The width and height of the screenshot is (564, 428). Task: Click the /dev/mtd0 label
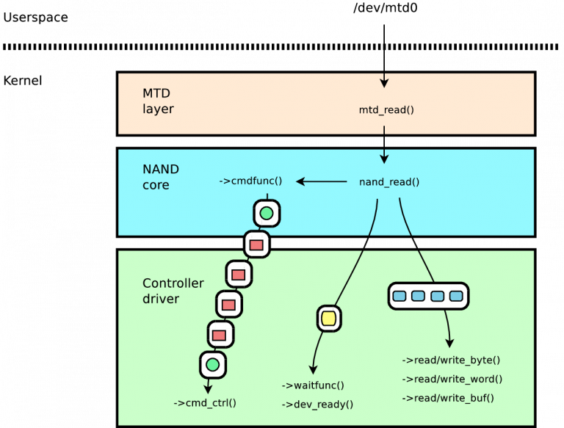pos(386,8)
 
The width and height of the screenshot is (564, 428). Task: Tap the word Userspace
pos(35,18)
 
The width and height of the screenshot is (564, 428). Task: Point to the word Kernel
pos(23,81)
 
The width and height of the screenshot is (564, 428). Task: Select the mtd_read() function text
pos(386,110)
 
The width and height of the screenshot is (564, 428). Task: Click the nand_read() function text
pos(389,182)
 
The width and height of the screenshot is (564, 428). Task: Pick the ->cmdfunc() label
pos(250,181)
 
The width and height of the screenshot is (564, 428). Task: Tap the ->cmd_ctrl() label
pos(205,403)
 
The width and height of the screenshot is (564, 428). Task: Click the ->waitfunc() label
pos(313,385)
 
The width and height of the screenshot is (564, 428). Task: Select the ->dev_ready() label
pos(317,405)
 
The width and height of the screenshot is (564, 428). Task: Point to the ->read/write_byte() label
pos(451,360)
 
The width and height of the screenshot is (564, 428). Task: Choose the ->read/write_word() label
pos(452,379)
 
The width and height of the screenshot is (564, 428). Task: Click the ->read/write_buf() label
pos(448,398)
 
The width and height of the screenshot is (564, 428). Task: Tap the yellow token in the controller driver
pos(329,319)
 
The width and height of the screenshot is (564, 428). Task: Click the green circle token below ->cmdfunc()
pos(267,214)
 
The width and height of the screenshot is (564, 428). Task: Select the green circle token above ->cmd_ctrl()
pos(212,365)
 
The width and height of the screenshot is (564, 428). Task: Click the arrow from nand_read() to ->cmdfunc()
pos(322,181)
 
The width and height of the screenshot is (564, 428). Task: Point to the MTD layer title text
pos(158,101)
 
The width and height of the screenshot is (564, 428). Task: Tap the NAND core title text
pos(160,177)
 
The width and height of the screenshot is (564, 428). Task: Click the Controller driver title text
pos(173,291)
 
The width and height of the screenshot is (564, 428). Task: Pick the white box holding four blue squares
pos(428,296)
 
